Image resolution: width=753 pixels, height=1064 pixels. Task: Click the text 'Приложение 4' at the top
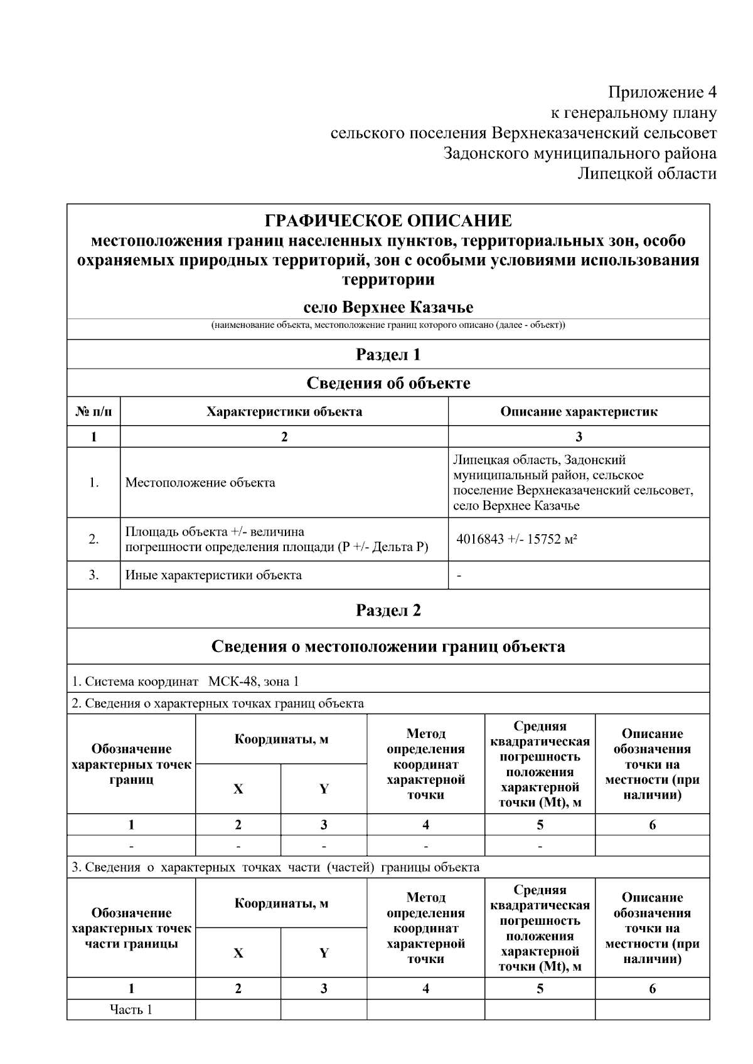(662, 93)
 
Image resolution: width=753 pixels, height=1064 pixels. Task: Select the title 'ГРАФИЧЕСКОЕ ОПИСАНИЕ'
(388, 221)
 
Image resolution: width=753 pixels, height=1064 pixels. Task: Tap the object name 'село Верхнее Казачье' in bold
(388, 307)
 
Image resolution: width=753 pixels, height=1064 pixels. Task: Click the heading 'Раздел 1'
(388, 355)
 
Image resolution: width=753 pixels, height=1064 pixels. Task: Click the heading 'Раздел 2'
(388, 610)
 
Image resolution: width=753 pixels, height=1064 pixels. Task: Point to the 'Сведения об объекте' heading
(388, 383)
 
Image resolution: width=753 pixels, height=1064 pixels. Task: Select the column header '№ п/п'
(93, 412)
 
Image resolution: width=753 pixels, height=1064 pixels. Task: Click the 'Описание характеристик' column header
(579, 412)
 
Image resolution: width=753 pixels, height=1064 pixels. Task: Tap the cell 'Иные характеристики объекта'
(213, 575)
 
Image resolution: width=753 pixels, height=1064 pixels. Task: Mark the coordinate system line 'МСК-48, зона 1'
(254, 682)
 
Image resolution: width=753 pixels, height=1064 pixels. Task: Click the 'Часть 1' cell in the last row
(131, 1009)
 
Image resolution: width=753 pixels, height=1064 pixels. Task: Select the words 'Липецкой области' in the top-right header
(647, 174)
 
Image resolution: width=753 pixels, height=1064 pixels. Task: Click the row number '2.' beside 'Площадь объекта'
(93, 539)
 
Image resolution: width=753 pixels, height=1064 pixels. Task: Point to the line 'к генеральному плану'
(633, 113)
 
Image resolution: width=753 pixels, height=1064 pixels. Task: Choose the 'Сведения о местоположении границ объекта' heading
(388, 646)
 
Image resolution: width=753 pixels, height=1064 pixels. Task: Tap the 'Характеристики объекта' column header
(284, 412)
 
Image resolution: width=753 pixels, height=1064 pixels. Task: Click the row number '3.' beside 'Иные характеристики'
(93, 575)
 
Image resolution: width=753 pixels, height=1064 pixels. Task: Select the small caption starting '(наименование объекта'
(388, 325)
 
